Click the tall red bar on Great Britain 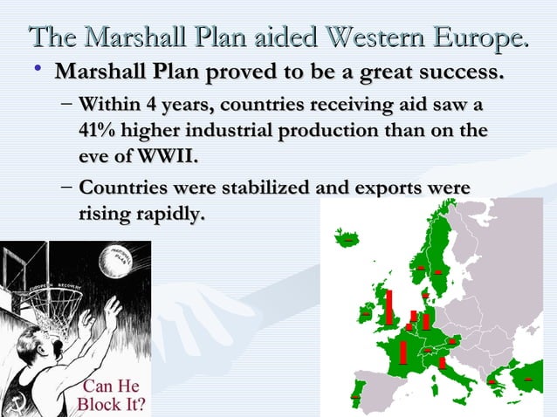click(x=389, y=305)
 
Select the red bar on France click(x=403, y=351)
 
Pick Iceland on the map click(x=348, y=237)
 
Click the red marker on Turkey click(x=527, y=379)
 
